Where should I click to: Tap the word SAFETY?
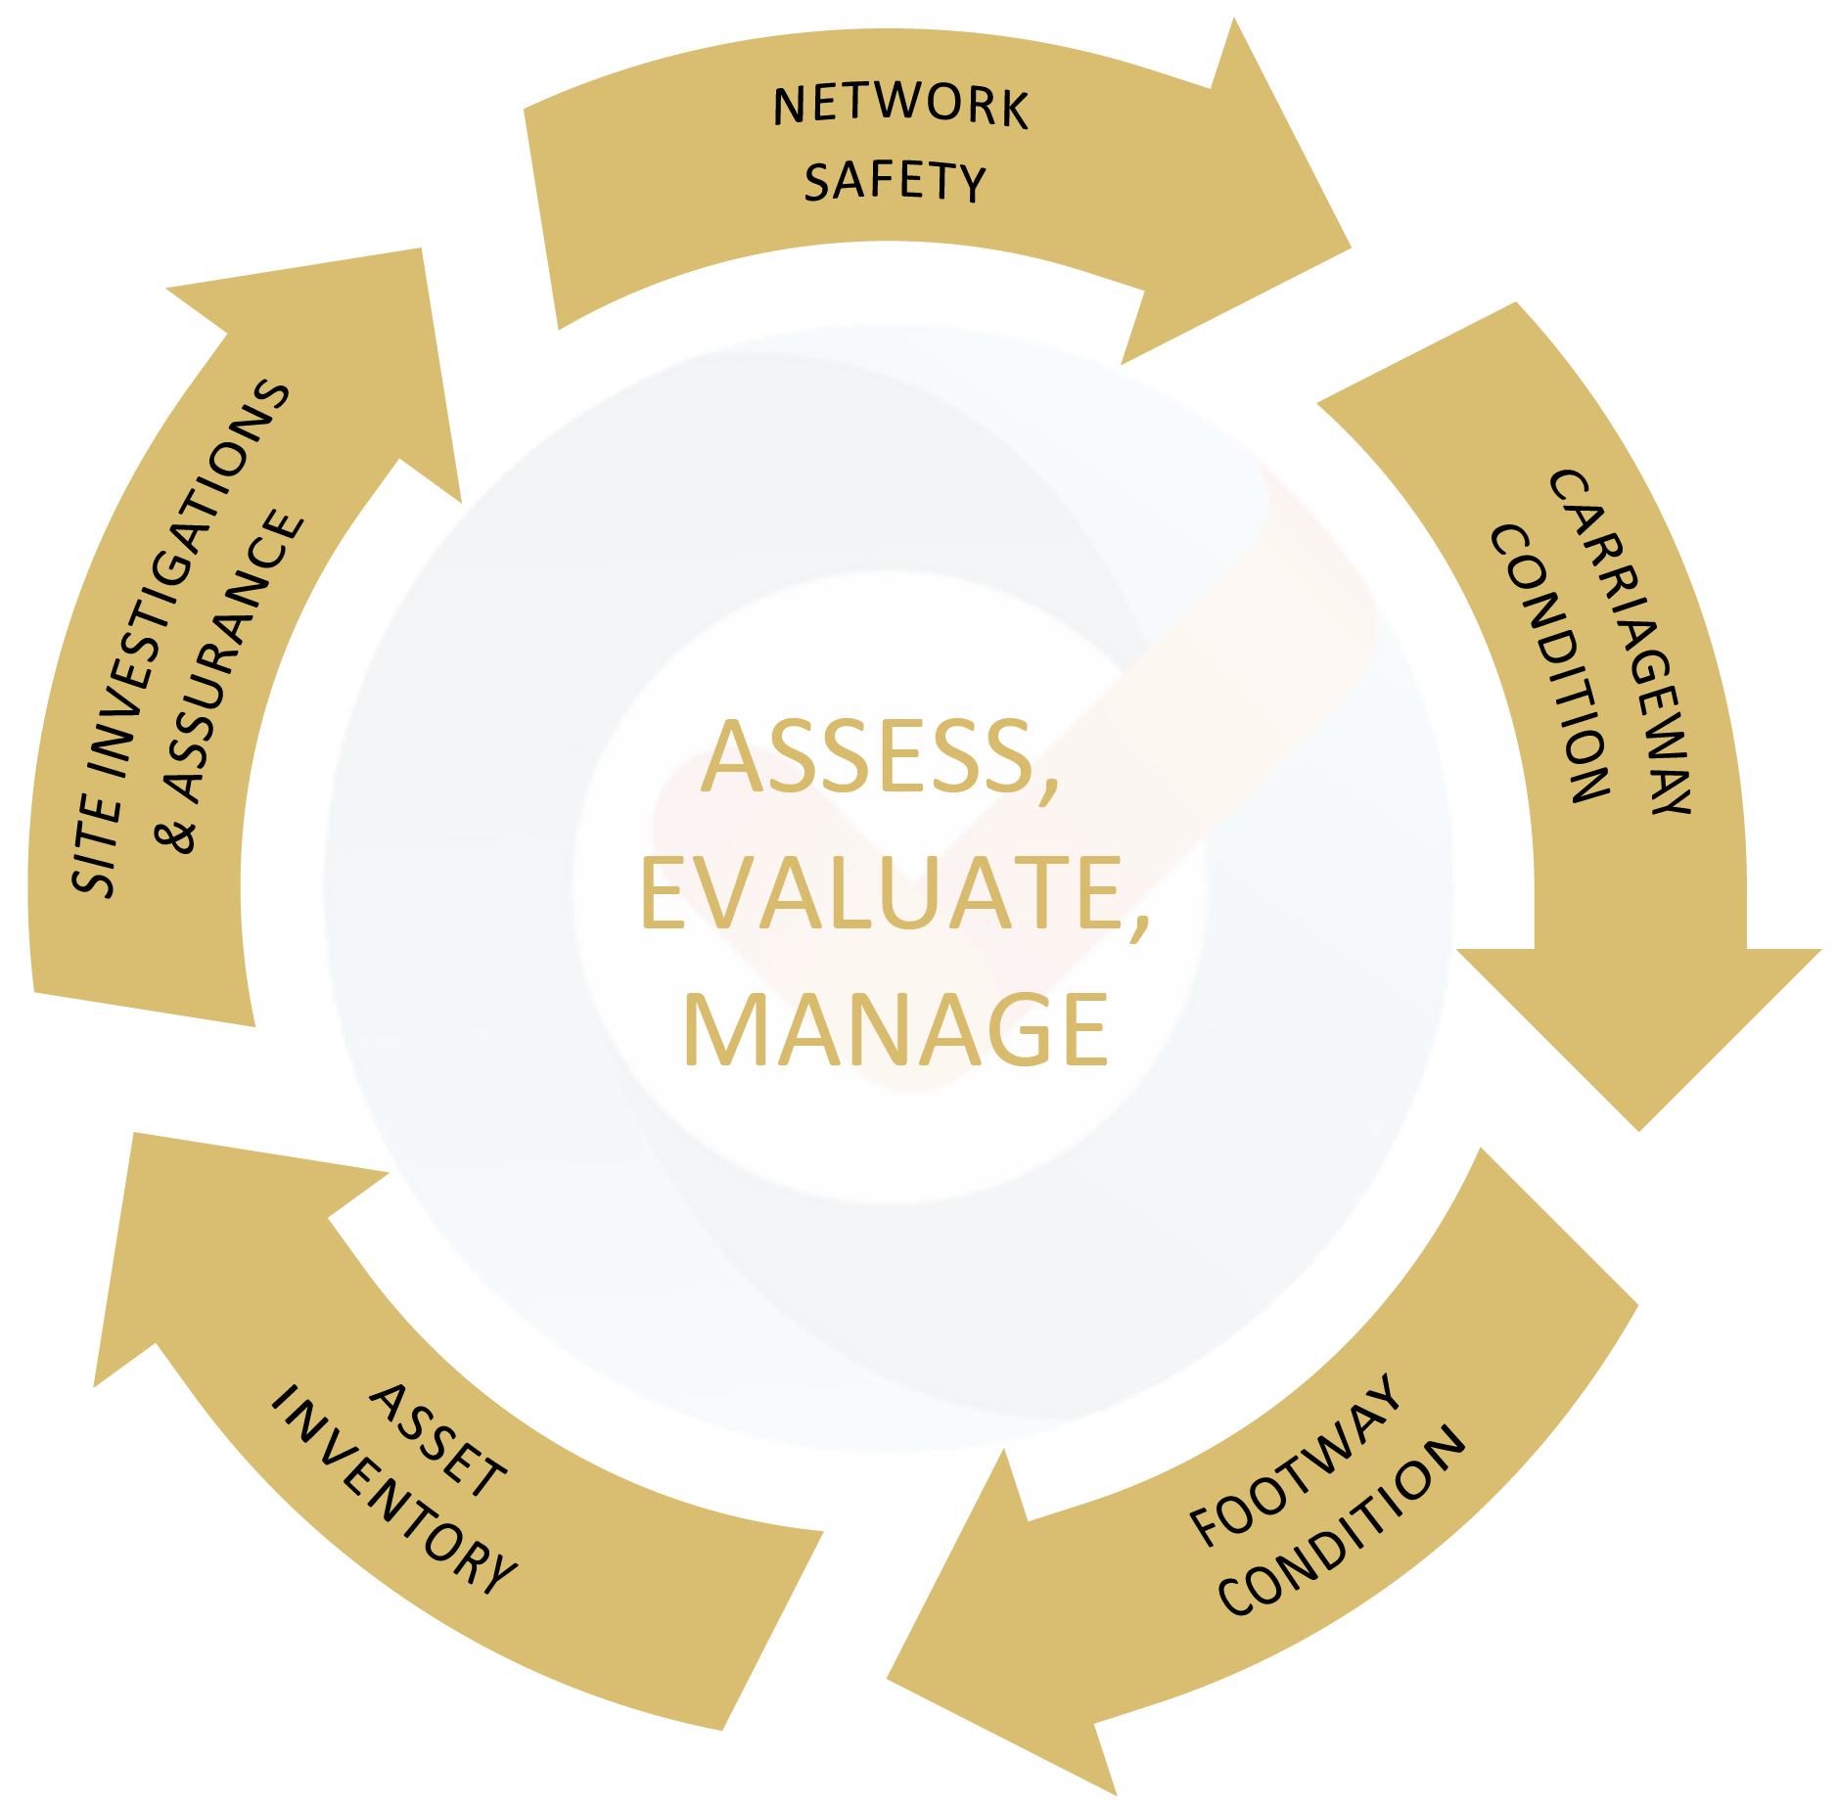(x=895, y=181)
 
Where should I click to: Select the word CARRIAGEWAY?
(x=1621, y=641)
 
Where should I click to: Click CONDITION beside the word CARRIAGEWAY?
(x=1549, y=663)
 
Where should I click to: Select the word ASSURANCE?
(x=234, y=655)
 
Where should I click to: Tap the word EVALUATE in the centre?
(x=895, y=893)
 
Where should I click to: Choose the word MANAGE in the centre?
(x=896, y=1028)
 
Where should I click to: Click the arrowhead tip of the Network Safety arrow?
(x=1352, y=248)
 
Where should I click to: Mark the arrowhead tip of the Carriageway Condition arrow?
(x=1639, y=1132)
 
